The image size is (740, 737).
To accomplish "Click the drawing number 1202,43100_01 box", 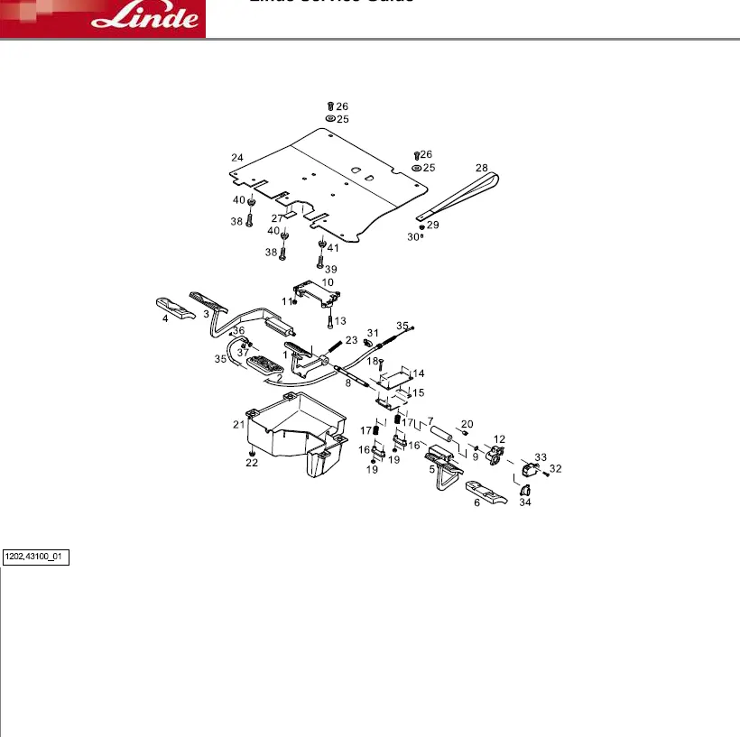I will (x=35, y=557).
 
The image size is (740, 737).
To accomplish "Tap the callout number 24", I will (x=236, y=158).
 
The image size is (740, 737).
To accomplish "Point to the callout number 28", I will (x=482, y=168).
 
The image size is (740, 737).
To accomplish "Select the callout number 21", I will (x=238, y=424).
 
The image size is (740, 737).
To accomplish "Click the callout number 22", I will (x=252, y=463).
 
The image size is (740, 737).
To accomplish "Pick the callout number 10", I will (x=328, y=282).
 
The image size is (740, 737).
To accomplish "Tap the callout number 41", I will (x=333, y=248).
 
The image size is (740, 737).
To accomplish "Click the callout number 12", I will (x=499, y=439).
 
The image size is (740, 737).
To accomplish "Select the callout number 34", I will (x=525, y=502).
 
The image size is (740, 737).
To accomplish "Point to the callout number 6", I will (x=477, y=502).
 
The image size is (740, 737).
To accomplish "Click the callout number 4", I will (x=165, y=318).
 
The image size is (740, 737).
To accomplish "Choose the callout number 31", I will (x=373, y=333).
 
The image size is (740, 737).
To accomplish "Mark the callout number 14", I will (x=419, y=373).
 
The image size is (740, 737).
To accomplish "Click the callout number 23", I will (x=351, y=340).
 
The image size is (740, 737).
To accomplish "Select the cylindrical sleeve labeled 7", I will (x=443, y=436).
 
